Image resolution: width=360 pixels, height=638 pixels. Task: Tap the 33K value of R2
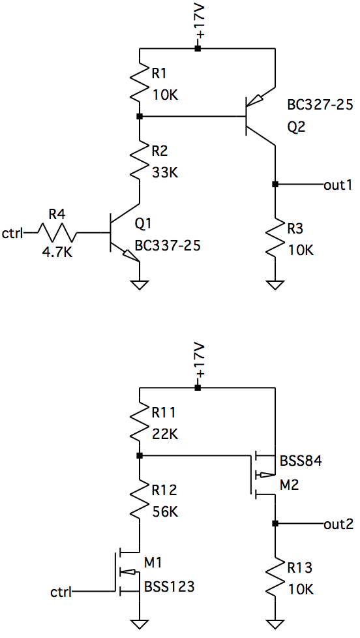pyautogui.click(x=165, y=173)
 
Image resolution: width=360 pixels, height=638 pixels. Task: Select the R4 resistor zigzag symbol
pyautogui.click(x=57, y=233)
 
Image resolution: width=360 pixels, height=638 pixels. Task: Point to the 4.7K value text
pyautogui.click(x=57, y=252)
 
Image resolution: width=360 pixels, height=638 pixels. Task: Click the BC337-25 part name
pyautogui.click(x=168, y=245)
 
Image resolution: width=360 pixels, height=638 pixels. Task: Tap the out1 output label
pyautogui.click(x=337, y=185)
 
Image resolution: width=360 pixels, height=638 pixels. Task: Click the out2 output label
pyautogui.click(x=338, y=524)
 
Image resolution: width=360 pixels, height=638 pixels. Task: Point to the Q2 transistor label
pyautogui.click(x=296, y=127)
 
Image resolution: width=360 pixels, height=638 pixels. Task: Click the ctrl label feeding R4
pyautogui.click(x=12, y=234)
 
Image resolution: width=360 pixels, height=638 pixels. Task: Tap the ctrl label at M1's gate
pyautogui.click(x=61, y=592)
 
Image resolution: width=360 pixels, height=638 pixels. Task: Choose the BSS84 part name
pyautogui.click(x=301, y=461)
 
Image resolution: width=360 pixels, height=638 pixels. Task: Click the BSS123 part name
pyautogui.click(x=169, y=586)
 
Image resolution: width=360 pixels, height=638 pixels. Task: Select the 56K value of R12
pyautogui.click(x=165, y=512)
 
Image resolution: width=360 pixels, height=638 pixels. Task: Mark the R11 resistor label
pyautogui.click(x=164, y=413)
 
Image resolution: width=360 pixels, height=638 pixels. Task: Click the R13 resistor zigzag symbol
pyautogui.click(x=275, y=575)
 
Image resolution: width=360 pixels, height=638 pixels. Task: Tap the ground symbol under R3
pyautogui.click(x=275, y=285)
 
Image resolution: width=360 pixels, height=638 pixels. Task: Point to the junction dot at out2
pyautogui.click(x=275, y=524)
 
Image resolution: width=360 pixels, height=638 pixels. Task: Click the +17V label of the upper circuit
pyautogui.click(x=200, y=22)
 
